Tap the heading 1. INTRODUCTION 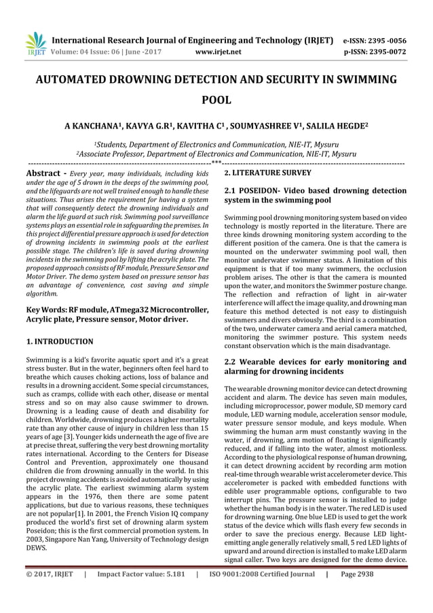[59, 340]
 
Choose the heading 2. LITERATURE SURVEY [263, 174]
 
